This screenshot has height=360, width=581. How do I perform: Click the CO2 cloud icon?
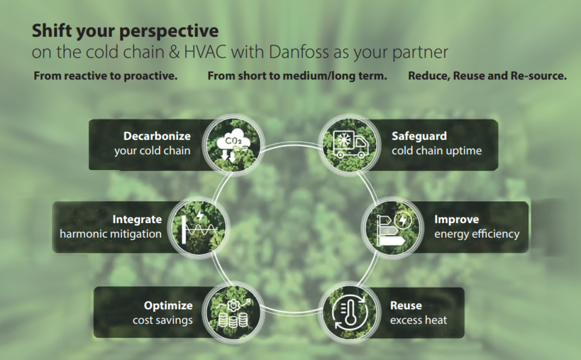(234, 144)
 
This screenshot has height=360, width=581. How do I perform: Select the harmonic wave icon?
(199, 226)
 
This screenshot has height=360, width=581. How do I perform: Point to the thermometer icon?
(349, 312)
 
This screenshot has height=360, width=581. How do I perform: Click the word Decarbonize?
(157, 136)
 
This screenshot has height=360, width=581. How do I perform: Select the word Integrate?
(137, 220)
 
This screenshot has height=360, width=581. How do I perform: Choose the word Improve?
(457, 220)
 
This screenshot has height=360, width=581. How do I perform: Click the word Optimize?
(168, 306)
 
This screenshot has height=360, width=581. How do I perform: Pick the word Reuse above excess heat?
(406, 306)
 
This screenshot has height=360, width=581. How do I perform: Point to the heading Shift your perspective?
(125, 31)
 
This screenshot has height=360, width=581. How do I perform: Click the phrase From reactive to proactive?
(106, 76)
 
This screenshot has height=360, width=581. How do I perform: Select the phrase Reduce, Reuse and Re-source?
(487, 76)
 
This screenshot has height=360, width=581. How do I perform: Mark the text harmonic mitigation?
(110, 234)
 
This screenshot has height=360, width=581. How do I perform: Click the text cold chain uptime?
(437, 151)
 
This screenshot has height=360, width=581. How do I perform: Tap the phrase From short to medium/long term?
(297, 76)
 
